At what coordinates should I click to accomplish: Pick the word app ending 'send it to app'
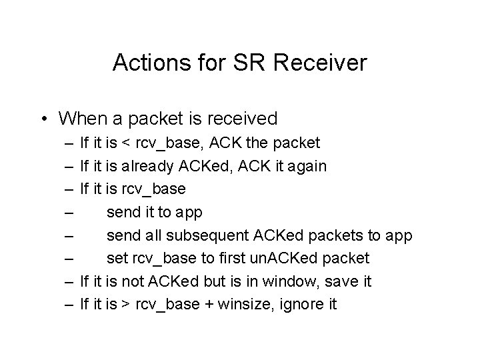pos(189,212)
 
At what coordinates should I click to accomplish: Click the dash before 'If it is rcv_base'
pos(70,189)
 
